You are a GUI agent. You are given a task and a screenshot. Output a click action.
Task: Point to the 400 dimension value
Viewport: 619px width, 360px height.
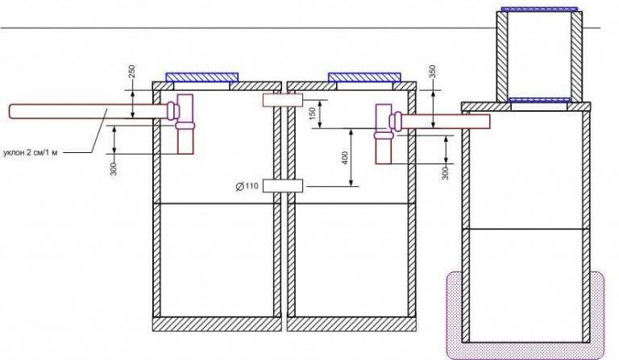coord(345,158)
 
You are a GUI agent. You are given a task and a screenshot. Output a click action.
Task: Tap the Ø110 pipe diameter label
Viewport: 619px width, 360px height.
coord(247,187)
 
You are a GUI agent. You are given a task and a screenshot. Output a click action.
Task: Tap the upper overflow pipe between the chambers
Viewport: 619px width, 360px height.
coord(282,101)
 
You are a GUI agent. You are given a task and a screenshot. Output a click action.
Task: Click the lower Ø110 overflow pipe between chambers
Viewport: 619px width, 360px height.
coord(282,186)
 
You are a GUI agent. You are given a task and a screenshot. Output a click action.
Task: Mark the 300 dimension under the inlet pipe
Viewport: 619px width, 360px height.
coord(114,165)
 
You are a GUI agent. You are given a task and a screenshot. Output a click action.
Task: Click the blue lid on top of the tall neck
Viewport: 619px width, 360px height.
coord(538,8)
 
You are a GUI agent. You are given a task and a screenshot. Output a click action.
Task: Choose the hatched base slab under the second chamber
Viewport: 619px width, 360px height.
coord(351,324)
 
